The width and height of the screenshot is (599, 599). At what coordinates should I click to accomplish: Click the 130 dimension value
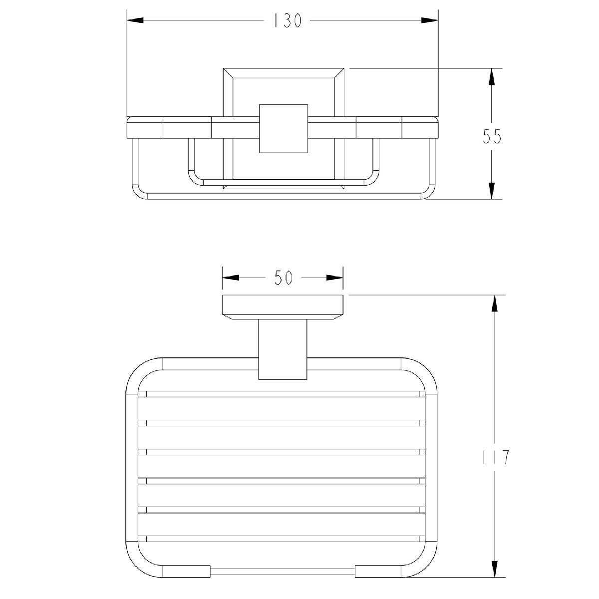(x=288, y=21)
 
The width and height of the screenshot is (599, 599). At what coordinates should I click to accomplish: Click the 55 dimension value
(x=492, y=136)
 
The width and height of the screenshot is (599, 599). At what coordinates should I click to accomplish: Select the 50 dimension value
(x=283, y=278)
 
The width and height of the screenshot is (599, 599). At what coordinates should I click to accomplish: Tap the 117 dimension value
(x=496, y=457)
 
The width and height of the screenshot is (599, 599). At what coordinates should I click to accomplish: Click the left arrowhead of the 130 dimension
(x=135, y=20)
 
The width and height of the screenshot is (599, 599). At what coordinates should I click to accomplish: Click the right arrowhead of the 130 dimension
(x=430, y=20)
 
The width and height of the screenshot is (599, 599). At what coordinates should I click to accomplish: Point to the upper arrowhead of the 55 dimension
(x=492, y=76)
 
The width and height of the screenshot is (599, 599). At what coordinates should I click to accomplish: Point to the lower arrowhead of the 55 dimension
(x=492, y=191)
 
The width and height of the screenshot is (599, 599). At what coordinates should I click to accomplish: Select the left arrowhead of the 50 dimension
(x=231, y=278)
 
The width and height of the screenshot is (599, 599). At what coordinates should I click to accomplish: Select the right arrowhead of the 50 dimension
(x=334, y=278)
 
